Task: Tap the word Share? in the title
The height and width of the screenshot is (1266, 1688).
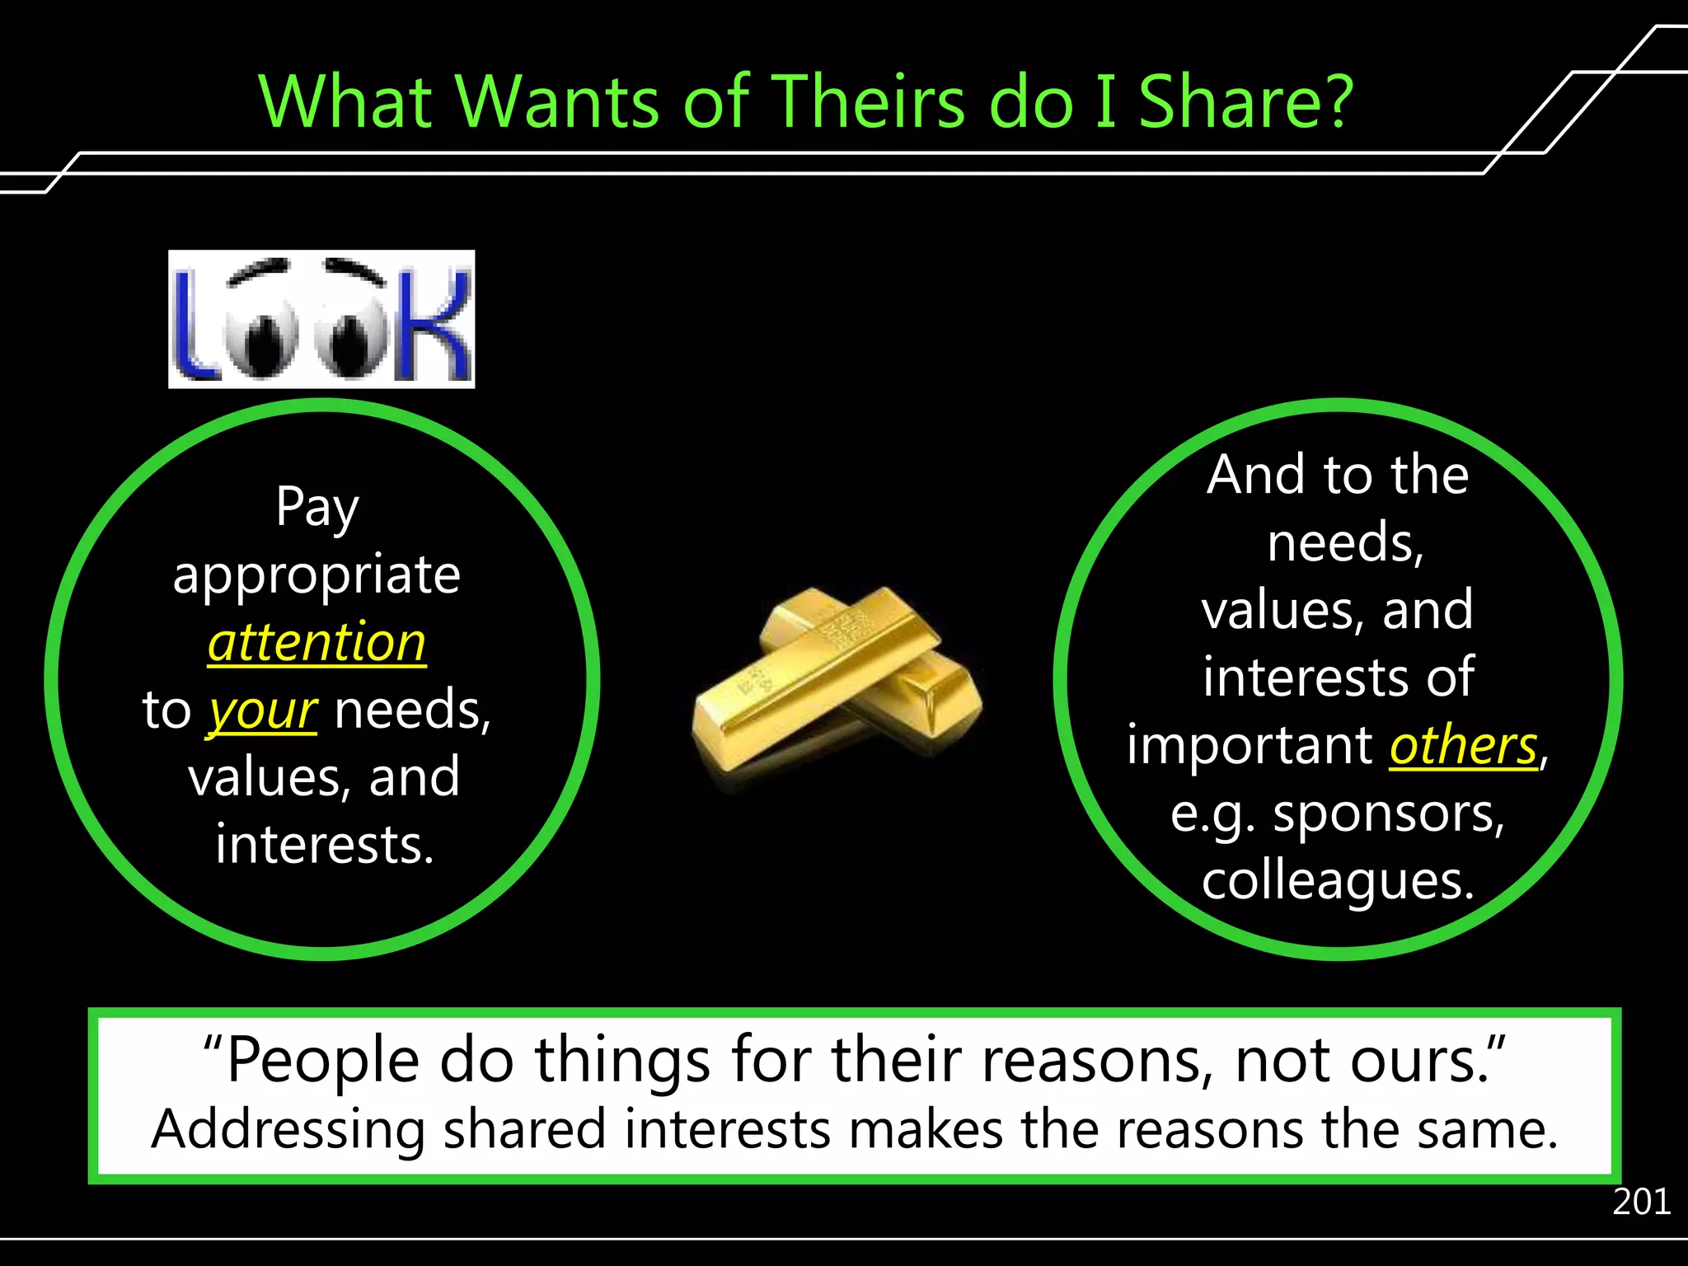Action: point(1245,102)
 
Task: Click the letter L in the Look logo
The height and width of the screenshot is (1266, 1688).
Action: point(193,326)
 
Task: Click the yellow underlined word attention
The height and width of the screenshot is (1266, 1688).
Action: point(317,643)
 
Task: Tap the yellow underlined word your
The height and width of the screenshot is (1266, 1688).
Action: point(262,711)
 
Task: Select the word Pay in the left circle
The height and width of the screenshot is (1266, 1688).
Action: point(317,507)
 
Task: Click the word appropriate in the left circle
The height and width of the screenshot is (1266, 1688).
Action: point(317,575)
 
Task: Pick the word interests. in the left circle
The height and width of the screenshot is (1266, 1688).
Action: point(325,845)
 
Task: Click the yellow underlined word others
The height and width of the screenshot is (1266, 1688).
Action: point(1464,746)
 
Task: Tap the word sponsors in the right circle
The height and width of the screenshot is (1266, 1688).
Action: point(1388,814)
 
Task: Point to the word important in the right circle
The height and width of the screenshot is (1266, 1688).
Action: point(1250,746)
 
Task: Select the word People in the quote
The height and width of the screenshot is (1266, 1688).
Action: point(322,1061)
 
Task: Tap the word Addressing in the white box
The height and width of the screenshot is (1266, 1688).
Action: point(288,1130)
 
